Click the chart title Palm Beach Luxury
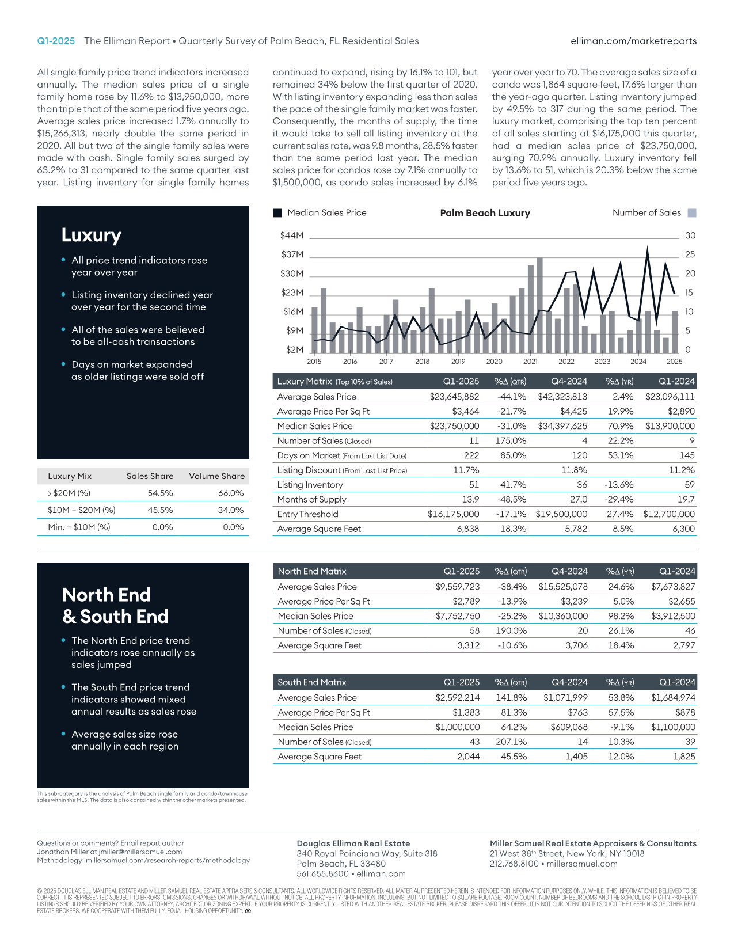click(485, 213)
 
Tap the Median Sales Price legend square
click(277, 213)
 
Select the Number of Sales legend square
click(692, 213)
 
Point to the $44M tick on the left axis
click(292, 235)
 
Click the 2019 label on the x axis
click(458, 362)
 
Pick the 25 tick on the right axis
click(690, 254)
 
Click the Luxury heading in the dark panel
click(92, 235)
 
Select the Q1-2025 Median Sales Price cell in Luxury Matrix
click(454, 426)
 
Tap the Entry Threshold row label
click(307, 514)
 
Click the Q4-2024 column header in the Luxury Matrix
click(569, 381)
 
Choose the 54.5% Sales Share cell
click(160, 493)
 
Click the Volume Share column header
click(216, 476)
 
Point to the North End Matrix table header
click(312, 571)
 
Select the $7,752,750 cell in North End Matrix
click(457, 616)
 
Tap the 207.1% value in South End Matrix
click(511, 742)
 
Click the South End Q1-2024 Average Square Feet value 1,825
click(684, 757)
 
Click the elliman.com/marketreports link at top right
click(633, 41)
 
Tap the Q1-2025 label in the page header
click(56, 41)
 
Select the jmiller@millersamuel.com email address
click(140, 852)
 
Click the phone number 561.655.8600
click(322, 873)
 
